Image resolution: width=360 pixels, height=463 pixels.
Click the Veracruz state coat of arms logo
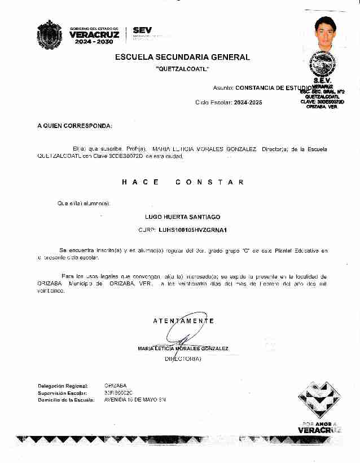pyautogui.click(x=47, y=33)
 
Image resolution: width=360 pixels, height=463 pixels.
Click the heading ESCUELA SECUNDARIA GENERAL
pyautogui.click(x=182, y=57)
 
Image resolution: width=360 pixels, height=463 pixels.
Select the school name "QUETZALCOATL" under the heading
pyautogui.click(x=182, y=69)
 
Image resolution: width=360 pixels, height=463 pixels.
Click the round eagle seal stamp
pyautogui.click(x=324, y=64)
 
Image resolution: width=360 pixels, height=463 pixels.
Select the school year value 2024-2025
pyautogui.click(x=248, y=103)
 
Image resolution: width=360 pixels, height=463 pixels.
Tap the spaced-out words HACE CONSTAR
pyautogui.click(x=182, y=182)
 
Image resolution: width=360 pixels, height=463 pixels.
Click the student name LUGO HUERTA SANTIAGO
pyautogui.click(x=182, y=217)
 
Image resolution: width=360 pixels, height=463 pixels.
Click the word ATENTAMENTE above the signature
pyautogui.click(x=183, y=321)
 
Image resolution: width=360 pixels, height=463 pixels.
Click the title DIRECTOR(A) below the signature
pyautogui.click(x=182, y=359)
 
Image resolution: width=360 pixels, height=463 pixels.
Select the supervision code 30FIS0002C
pyautogui.click(x=118, y=393)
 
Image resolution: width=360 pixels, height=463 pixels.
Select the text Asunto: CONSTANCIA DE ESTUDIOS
pyautogui.click(x=263, y=88)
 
